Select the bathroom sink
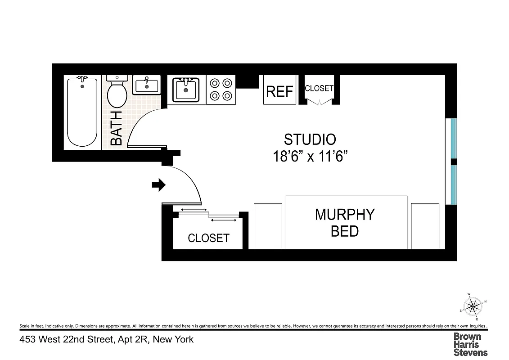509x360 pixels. click(x=146, y=85)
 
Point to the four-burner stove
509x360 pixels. click(x=221, y=89)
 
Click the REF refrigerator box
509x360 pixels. click(x=279, y=91)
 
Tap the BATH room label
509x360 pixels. click(x=116, y=128)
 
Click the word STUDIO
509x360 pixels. click(x=310, y=139)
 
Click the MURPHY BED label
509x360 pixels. click(x=345, y=223)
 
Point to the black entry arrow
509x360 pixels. click(x=159, y=184)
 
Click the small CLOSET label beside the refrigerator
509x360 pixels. click(x=319, y=88)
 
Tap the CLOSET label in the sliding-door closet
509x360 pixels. click(x=208, y=238)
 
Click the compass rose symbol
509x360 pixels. click(x=473, y=307)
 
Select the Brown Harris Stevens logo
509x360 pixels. click(x=470, y=344)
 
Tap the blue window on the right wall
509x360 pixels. click(x=454, y=161)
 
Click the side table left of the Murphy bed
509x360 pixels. click(x=268, y=226)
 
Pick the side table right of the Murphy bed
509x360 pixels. click(x=425, y=226)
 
